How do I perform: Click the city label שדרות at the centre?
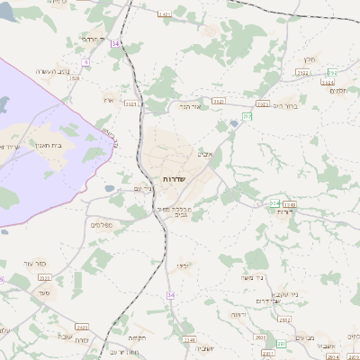172,180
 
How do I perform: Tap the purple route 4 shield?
86,62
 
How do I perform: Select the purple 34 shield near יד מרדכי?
115,42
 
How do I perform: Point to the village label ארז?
110,100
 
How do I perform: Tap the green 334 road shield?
274,203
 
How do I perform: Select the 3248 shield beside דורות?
290,204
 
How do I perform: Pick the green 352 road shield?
332,72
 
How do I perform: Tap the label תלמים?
338,91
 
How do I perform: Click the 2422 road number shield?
83,327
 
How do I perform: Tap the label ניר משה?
257,281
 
